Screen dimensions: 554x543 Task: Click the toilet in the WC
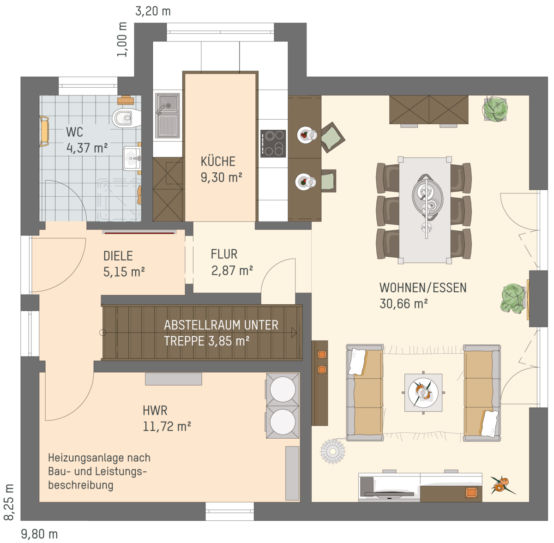pos(126,118)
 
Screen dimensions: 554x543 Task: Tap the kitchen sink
pos(167,115)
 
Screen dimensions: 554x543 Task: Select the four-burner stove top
pos(273,144)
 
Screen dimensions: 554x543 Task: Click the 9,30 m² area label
pos(221,177)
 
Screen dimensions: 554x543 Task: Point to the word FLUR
pos(224,254)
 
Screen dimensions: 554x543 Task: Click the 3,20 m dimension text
pos(153,12)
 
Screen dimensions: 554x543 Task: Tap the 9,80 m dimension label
pos(39,534)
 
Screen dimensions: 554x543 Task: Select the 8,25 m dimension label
pos(9,502)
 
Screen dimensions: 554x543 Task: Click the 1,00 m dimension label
pos(122,39)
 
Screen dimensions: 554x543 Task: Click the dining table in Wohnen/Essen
pos(424,210)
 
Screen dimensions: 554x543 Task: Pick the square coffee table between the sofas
pos(423,392)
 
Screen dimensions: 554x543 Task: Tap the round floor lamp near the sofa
pos(332,451)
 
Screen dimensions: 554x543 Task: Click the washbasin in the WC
pos(132,158)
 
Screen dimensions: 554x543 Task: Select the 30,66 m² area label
pos(403,304)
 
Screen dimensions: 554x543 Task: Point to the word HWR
pos(155,410)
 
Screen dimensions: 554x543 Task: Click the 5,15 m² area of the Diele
pos(124,272)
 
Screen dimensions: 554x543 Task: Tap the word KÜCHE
pos(218,161)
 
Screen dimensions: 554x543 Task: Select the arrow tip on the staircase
pos(296,332)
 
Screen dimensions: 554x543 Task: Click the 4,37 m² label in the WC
pos(87,148)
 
